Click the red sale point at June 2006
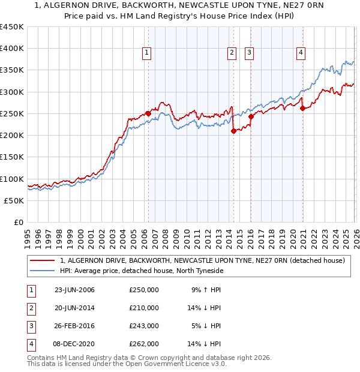[148, 113]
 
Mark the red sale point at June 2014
[233, 131]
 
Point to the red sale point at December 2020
[302, 109]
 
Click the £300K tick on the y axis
[12, 92]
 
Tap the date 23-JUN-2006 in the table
[74, 290]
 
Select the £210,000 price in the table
[144, 308]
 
